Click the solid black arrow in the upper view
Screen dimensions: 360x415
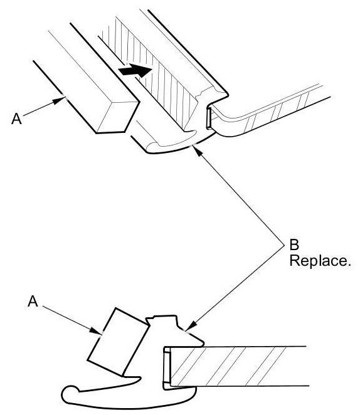click(135, 70)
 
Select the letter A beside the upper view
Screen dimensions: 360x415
click(16, 118)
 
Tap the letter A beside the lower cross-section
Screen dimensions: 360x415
click(33, 301)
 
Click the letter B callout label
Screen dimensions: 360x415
click(294, 244)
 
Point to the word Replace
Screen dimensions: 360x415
click(320, 261)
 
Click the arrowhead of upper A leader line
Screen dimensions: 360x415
click(60, 100)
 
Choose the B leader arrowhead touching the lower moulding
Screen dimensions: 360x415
click(191, 325)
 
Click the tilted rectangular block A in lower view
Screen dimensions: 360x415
click(118, 342)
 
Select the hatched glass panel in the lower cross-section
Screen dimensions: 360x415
click(238, 366)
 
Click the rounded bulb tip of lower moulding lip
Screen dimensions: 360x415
click(70, 391)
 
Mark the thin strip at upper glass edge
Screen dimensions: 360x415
click(209, 118)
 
